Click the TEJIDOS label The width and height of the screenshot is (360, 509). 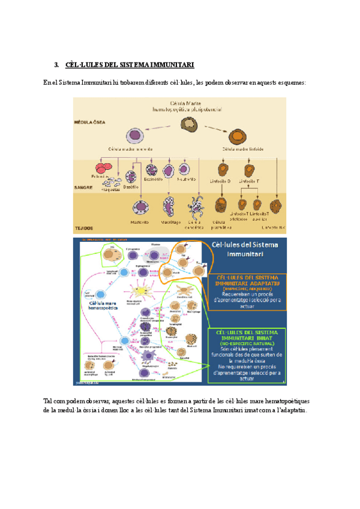point(83,227)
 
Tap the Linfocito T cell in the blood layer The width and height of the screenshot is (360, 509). point(248,170)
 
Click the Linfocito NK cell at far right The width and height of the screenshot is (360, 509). point(276,207)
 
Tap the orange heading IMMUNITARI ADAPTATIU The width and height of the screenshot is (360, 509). point(247,280)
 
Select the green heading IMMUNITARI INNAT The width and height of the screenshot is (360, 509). point(247,337)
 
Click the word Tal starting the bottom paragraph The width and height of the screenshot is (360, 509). point(49,400)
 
